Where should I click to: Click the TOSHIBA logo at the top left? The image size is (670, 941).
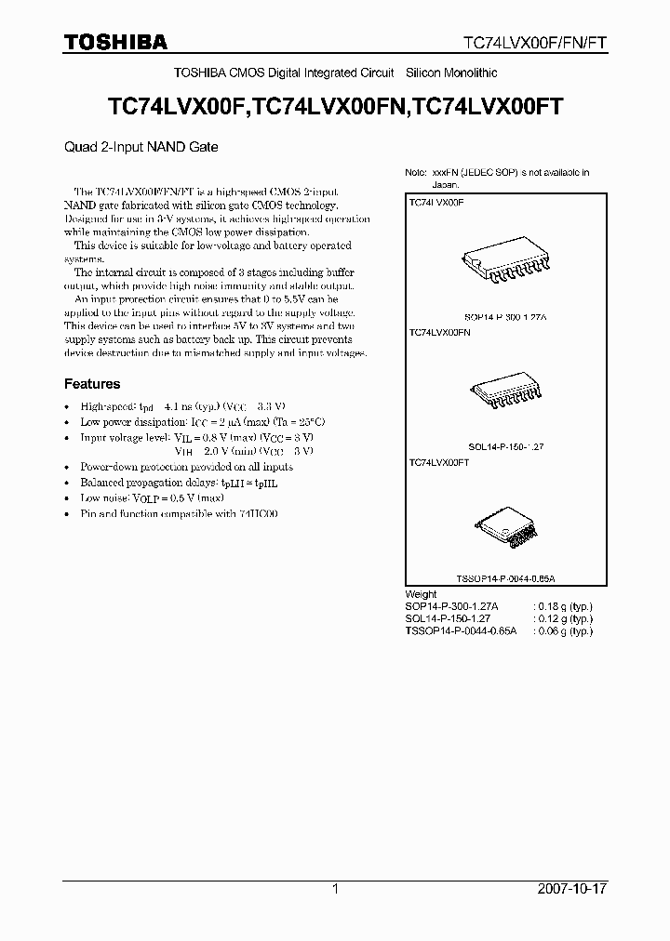[x=115, y=42]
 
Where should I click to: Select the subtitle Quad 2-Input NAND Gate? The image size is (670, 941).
[x=141, y=146]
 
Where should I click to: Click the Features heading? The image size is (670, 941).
[x=91, y=383]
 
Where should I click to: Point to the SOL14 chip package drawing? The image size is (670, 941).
[x=502, y=393]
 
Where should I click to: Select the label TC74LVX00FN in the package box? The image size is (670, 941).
[x=439, y=332]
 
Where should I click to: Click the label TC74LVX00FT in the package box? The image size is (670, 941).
[x=438, y=461]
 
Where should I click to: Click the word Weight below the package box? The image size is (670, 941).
[x=421, y=594]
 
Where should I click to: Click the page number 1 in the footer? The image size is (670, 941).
[x=335, y=889]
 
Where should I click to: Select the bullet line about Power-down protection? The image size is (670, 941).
[x=186, y=467]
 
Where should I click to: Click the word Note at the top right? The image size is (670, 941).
[x=415, y=173]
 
